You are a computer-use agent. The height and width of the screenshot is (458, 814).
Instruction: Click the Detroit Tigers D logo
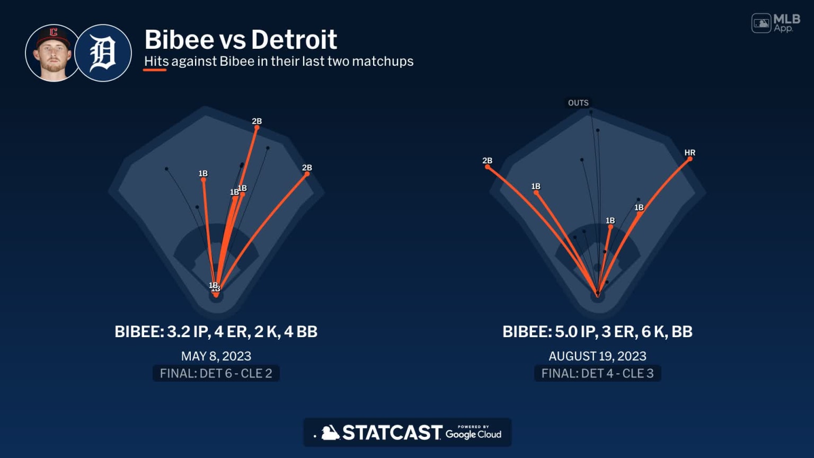point(103,53)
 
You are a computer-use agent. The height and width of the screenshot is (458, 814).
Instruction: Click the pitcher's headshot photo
point(52,53)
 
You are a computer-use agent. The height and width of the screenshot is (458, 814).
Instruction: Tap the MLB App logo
point(776,23)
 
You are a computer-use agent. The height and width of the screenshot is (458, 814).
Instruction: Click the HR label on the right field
point(689,153)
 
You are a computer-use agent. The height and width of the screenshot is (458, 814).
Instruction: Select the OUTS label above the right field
point(578,103)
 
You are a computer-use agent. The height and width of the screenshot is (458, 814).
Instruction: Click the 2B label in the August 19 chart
point(487,161)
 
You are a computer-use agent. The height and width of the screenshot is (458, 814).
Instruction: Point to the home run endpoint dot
point(690,159)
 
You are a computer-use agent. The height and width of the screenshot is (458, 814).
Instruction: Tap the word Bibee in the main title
point(178,40)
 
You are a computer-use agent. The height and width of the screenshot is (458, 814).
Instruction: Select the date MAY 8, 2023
point(216,356)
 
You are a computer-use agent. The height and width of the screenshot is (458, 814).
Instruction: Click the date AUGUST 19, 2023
point(597,356)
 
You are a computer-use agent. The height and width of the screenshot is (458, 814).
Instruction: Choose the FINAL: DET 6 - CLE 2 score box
point(216,374)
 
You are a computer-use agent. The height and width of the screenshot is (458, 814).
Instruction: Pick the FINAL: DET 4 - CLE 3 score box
point(597,374)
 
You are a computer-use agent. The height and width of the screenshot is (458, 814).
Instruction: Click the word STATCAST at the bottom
point(392,433)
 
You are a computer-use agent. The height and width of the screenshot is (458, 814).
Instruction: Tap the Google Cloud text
point(473,434)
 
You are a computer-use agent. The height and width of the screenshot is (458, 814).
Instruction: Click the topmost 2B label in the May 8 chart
point(257,121)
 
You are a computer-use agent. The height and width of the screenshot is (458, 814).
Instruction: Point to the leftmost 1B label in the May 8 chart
point(203,173)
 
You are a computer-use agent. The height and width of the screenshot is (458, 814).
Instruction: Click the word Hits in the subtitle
point(156,61)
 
